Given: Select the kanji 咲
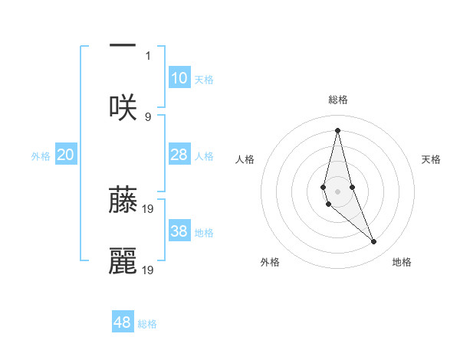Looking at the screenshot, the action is click(x=123, y=107).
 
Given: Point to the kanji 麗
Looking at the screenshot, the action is click(x=123, y=260).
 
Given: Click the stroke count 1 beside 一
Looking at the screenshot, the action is click(x=148, y=55).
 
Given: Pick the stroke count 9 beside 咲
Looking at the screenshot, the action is click(x=148, y=116).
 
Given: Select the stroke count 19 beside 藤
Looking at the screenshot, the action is click(x=149, y=208).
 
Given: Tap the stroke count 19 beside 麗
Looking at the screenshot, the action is click(x=149, y=270).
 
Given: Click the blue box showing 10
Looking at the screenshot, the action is click(x=179, y=78).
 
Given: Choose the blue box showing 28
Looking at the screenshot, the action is click(x=179, y=155).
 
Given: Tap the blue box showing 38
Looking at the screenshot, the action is click(x=179, y=231).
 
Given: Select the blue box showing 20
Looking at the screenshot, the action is click(x=65, y=155).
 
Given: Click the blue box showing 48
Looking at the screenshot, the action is click(x=123, y=322).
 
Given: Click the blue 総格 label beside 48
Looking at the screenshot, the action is click(x=147, y=324).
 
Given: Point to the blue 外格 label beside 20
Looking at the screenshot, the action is click(x=41, y=156).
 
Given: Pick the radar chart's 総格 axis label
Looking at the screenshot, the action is click(x=337, y=100).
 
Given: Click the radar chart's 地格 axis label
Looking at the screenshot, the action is click(x=402, y=262).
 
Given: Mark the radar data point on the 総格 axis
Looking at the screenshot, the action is click(x=337, y=129).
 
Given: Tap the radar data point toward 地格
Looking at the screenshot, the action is click(x=374, y=242).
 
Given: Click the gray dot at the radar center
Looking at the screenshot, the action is click(x=337, y=191).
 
